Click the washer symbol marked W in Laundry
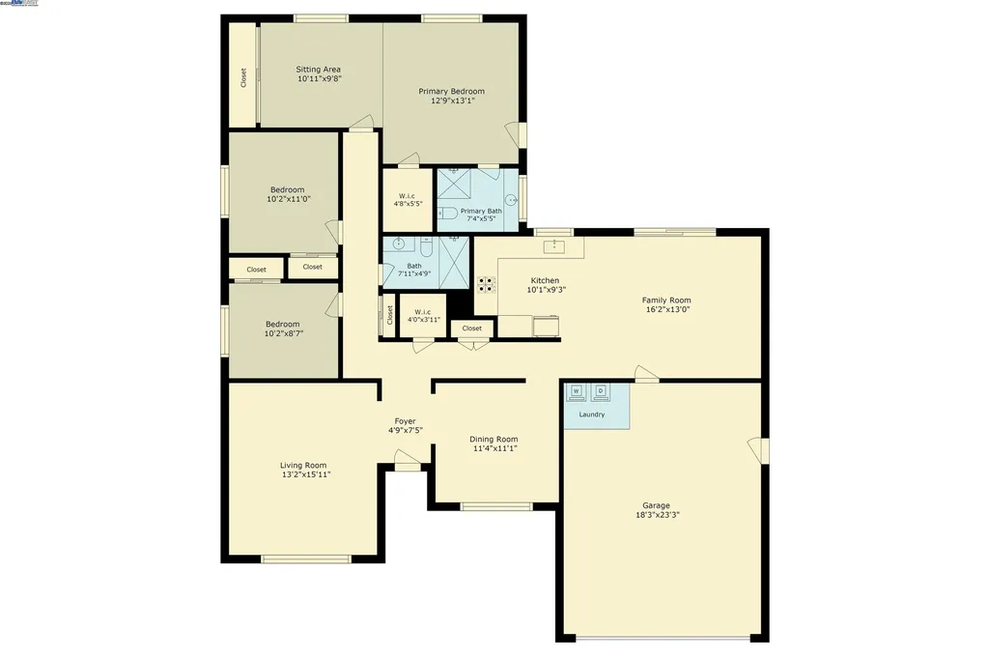[x=577, y=391]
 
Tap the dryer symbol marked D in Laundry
[x=600, y=391]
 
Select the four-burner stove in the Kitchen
[x=487, y=283]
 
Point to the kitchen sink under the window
[x=554, y=246]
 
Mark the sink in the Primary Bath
[x=511, y=200]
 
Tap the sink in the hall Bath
[x=398, y=245]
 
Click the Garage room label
[x=656, y=505]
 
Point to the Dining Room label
[x=494, y=439]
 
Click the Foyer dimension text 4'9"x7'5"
[x=406, y=430]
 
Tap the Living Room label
[x=303, y=465]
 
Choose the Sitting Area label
[x=319, y=70]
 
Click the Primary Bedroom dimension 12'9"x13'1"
[x=451, y=100]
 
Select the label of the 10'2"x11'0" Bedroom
[x=287, y=189]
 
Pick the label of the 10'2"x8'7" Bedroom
[x=284, y=324]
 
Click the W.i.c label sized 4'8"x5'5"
[x=407, y=196]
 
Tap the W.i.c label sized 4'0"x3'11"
[x=423, y=311]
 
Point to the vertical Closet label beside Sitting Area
[x=243, y=77]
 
